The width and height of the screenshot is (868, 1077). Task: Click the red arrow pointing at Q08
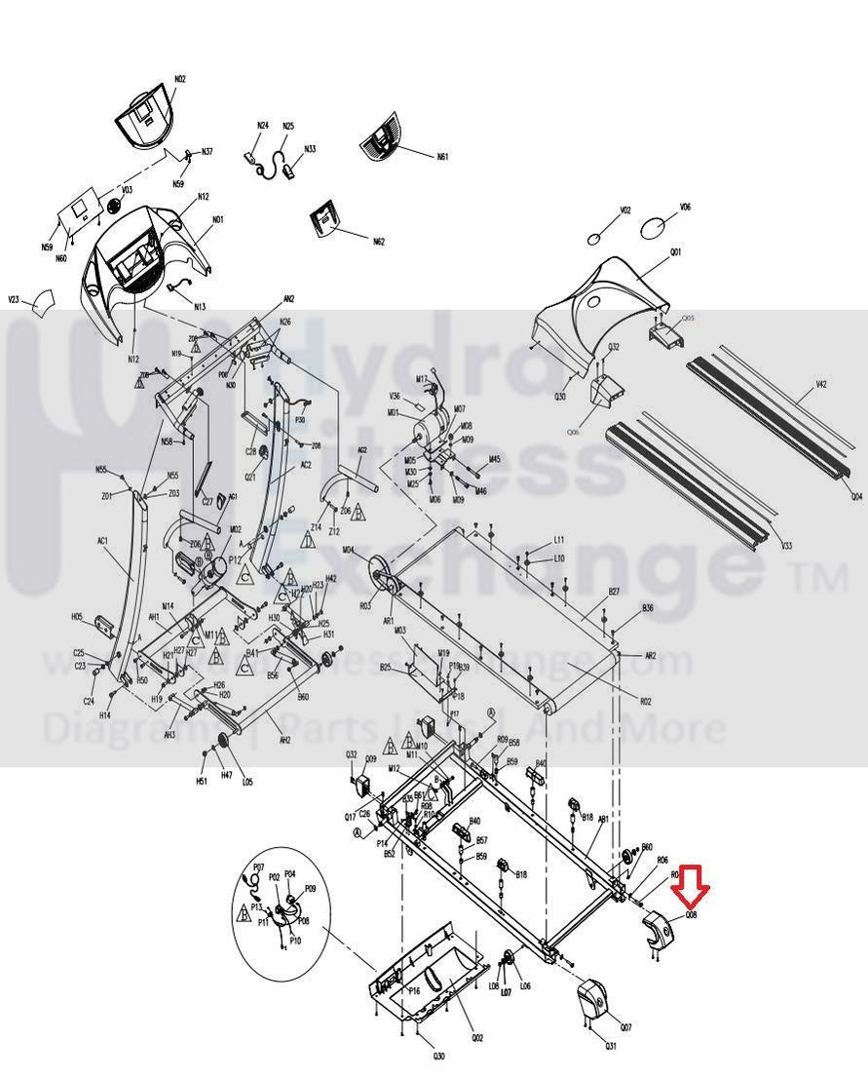point(696,885)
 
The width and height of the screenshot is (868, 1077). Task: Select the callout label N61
point(442,157)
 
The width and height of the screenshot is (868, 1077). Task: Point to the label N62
point(378,242)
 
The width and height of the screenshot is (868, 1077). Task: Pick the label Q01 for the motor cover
point(675,252)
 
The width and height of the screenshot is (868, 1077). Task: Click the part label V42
point(821,385)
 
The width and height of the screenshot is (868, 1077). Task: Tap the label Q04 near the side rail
point(856,496)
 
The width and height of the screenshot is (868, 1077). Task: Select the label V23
point(14,300)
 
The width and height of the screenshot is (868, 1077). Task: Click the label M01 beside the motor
point(393,412)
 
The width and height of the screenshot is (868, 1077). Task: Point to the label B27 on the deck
point(614,592)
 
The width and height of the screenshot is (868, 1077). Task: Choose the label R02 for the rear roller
point(645,701)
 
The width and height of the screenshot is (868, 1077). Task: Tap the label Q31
point(611,1047)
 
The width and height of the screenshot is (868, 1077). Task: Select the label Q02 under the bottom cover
point(477,1038)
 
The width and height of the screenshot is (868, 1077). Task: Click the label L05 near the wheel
point(247,782)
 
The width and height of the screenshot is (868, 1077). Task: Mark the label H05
point(77,617)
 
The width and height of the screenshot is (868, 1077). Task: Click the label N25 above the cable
point(288,126)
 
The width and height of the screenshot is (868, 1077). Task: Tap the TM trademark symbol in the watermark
point(822,581)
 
